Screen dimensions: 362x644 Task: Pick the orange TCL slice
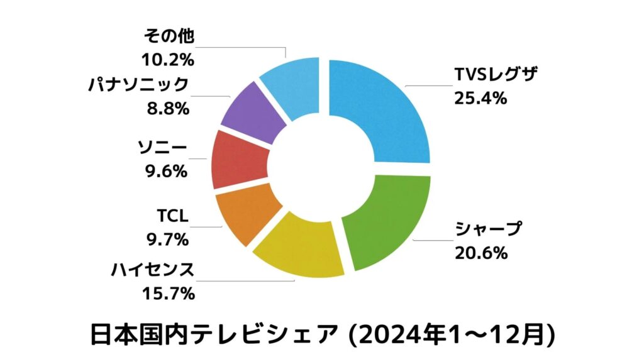[x=245, y=214]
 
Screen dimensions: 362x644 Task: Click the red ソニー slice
[x=239, y=160]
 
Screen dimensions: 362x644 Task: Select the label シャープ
[x=489, y=230]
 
